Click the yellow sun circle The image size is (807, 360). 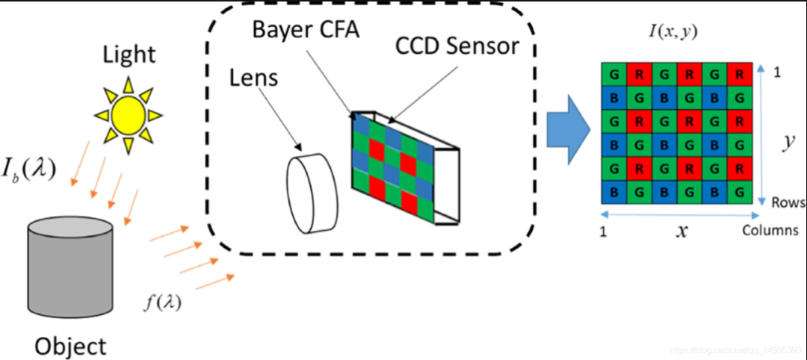coord(128,113)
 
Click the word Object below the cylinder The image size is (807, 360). coord(70,346)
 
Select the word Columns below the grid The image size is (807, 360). coord(770,230)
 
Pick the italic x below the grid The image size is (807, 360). coord(681,231)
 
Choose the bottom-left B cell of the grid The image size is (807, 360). coord(613,192)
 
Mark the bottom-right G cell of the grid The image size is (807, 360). coord(739,192)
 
